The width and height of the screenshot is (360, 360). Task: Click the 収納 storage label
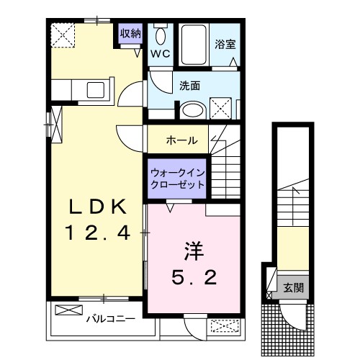[x=130, y=33]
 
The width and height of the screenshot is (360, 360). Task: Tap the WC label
[x=160, y=53]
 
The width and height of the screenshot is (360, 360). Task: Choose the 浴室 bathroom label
[x=225, y=43]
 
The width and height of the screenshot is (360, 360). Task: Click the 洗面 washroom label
[x=190, y=85]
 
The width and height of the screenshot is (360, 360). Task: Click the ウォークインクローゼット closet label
[x=178, y=178]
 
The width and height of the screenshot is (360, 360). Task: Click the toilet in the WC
[x=161, y=35]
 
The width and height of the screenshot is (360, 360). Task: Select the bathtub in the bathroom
[x=192, y=45]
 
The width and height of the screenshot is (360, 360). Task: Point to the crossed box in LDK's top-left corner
[x=62, y=34]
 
